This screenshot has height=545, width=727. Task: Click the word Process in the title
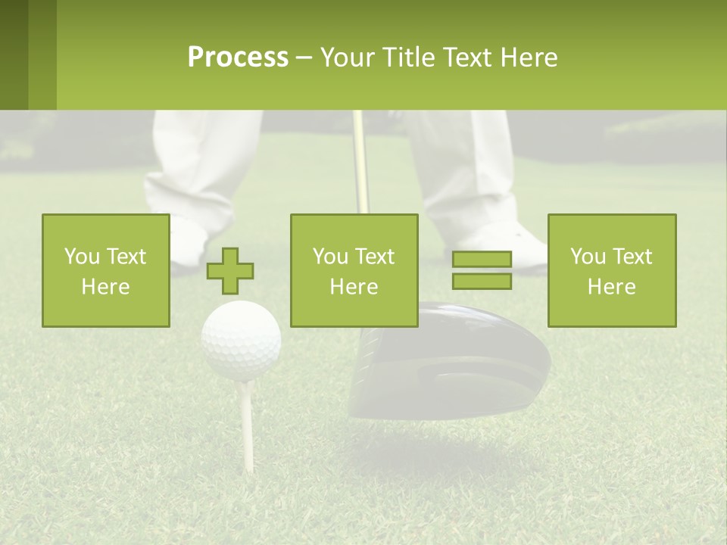238,58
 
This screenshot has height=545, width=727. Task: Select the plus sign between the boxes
231,270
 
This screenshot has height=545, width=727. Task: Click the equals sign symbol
482,270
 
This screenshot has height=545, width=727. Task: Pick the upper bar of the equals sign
482,260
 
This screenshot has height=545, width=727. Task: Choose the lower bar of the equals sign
482,281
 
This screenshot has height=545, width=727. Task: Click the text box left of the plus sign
106,270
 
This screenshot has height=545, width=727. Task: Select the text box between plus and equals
354,270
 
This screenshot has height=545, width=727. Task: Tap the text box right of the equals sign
611,270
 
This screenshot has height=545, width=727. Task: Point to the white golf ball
242,339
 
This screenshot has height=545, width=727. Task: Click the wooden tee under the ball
245,424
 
